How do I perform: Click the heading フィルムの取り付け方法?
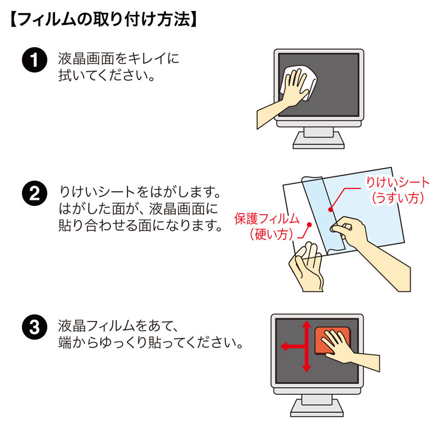coord(104,20)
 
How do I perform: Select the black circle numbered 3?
coord(34,328)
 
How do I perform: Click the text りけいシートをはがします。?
coord(139,193)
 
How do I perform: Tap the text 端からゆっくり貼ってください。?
coord(150,344)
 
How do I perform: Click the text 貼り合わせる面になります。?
coord(139,225)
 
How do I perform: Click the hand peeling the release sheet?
coord(361,233)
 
